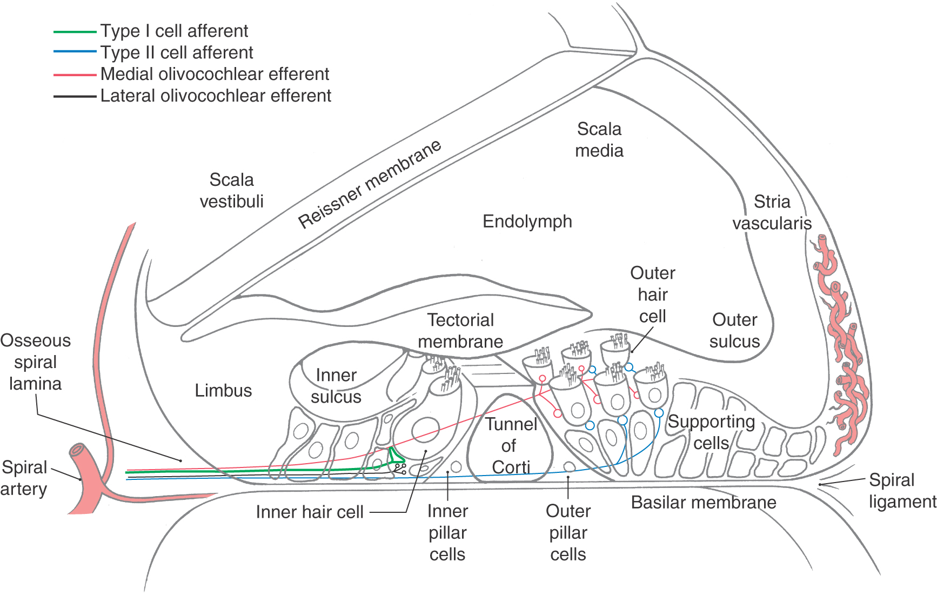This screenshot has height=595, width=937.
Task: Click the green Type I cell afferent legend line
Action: click(75, 32)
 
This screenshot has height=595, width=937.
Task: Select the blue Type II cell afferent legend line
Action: click(75, 52)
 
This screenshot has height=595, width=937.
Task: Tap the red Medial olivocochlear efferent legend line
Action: click(75, 75)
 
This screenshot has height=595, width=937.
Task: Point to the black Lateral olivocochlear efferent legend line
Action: click(75, 96)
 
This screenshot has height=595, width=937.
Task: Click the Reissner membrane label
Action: click(370, 184)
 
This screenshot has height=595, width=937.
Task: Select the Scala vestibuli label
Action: click(232, 190)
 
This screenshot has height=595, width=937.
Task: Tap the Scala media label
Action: click(599, 139)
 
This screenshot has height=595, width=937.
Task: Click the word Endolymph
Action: click(527, 222)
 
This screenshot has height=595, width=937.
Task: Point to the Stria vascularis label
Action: click(772, 212)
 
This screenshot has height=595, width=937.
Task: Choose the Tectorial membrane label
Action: click(460, 331)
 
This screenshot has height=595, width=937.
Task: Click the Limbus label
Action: click(223, 390)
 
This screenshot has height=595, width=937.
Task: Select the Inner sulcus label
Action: click(336, 386)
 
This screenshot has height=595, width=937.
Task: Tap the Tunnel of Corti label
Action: click(511, 445)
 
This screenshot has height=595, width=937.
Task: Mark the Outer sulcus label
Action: click(735, 330)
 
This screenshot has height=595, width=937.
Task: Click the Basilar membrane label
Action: click(704, 502)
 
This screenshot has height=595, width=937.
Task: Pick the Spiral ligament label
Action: click(902, 491)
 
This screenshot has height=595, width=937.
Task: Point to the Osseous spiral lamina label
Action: click(36, 362)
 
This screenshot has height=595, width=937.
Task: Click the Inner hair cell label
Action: click(310, 512)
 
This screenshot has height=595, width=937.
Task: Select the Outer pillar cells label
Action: click(568, 532)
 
